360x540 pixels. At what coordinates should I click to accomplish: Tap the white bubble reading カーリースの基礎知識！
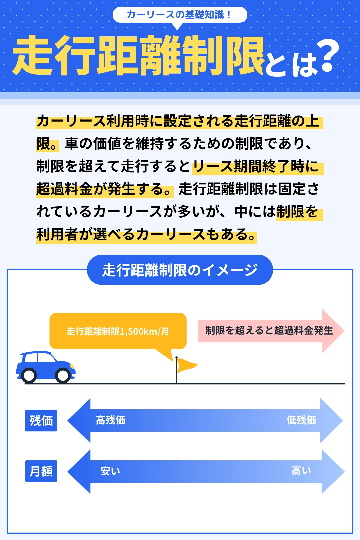(x=180, y=15)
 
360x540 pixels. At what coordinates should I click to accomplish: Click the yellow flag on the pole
(x=185, y=365)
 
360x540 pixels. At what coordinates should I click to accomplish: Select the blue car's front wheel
(x=63, y=375)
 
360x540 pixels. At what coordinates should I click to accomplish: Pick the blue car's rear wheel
(x=29, y=375)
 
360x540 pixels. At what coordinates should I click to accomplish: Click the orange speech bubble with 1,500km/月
(x=118, y=331)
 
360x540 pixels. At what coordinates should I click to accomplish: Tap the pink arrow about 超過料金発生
(x=270, y=331)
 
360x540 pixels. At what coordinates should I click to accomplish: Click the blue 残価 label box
(x=41, y=420)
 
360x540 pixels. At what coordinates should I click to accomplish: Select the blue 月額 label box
(x=41, y=471)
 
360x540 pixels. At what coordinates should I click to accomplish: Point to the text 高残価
(x=110, y=420)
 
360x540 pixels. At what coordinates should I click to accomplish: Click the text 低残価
(x=301, y=420)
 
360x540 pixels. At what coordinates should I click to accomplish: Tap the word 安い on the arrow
(x=110, y=471)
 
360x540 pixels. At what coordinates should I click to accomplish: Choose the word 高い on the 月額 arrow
(x=301, y=471)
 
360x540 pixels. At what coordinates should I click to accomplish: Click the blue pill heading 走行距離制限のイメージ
(x=180, y=270)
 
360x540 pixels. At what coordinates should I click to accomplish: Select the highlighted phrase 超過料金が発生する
(x=104, y=189)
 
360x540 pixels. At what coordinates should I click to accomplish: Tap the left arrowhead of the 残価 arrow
(x=79, y=420)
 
